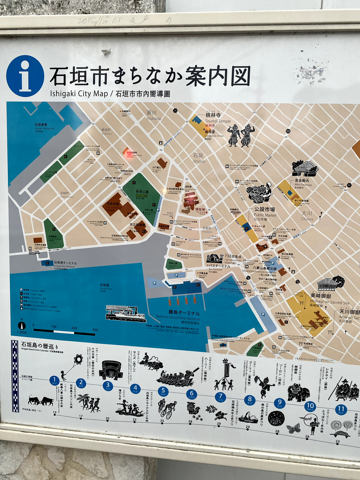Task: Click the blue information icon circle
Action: click(x=25, y=76)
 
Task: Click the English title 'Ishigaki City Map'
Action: click(x=79, y=94)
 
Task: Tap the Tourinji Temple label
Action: click(x=218, y=121)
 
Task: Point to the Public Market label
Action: click(x=265, y=215)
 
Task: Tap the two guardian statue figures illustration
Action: click(x=241, y=135)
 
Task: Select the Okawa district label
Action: click(x=307, y=219)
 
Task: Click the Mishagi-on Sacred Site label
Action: click(x=330, y=302)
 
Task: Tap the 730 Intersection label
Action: click(x=233, y=260)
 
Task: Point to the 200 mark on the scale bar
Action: click(x=74, y=328)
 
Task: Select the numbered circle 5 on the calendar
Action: click(x=163, y=390)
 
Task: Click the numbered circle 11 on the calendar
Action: click(x=341, y=409)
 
